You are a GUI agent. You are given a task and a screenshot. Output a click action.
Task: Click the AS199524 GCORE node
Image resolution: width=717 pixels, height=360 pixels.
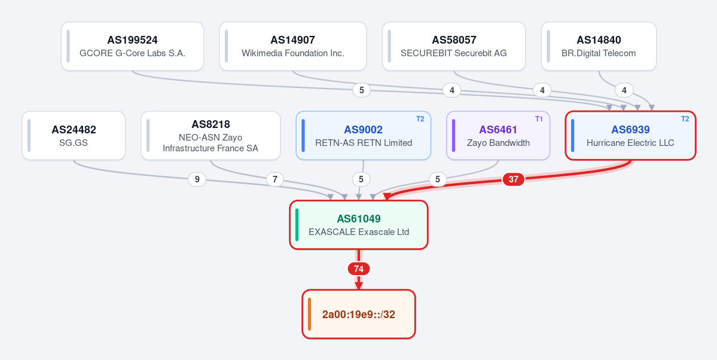pyautogui.click(x=132, y=46)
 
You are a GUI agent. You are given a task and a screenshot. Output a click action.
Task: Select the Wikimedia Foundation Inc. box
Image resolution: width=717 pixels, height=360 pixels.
pyautogui.click(x=292, y=46)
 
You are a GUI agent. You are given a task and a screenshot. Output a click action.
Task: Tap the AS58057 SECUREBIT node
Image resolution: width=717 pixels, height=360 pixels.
pyautogui.click(x=454, y=46)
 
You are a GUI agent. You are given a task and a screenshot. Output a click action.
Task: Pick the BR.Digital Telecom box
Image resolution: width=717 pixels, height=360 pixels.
pyautogui.click(x=599, y=46)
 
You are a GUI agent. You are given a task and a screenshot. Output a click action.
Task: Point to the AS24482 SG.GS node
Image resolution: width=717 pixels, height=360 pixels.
pyautogui.click(x=74, y=135)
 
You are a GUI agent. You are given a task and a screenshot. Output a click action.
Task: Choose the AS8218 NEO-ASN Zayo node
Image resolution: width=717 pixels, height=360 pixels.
pyautogui.click(x=210, y=135)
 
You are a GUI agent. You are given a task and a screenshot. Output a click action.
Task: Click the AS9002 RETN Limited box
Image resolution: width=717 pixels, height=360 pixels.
pyautogui.click(x=364, y=135)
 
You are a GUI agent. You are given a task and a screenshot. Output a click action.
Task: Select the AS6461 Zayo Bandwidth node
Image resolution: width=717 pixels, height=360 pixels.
pyautogui.click(x=498, y=135)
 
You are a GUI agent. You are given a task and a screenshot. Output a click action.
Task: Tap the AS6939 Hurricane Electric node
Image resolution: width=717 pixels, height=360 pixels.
pyautogui.click(x=630, y=135)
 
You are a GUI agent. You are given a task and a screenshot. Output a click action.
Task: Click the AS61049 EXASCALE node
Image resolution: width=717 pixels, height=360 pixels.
pyautogui.click(x=359, y=225)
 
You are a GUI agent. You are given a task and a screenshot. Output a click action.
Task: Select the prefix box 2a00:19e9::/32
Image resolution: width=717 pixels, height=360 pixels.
pyautogui.click(x=359, y=315)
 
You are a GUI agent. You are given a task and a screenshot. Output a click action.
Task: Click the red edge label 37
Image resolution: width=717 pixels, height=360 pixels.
pyautogui.click(x=514, y=179)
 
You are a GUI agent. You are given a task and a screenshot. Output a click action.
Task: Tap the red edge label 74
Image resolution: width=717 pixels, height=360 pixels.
pyautogui.click(x=359, y=269)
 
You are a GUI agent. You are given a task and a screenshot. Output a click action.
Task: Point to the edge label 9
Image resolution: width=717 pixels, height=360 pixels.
pyautogui.click(x=197, y=180)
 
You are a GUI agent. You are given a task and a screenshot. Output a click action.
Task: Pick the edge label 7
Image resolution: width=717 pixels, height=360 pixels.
pyautogui.click(x=275, y=180)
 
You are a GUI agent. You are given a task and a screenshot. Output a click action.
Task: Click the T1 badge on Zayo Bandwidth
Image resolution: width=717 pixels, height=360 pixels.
pyautogui.click(x=539, y=119)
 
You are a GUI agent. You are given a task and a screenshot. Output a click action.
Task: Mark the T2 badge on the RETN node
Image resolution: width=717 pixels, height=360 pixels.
pyautogui.click(x=420, y=119)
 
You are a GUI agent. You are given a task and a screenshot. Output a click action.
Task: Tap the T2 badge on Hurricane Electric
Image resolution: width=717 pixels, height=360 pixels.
pyautogui.click(x=685, y=119)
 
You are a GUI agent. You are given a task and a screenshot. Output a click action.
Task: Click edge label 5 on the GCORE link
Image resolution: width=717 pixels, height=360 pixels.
pyautogui.click(x=362, y=90)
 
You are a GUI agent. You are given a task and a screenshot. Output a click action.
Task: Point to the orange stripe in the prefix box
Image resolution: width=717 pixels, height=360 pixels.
pyautogui.click(x=310, y=315)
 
